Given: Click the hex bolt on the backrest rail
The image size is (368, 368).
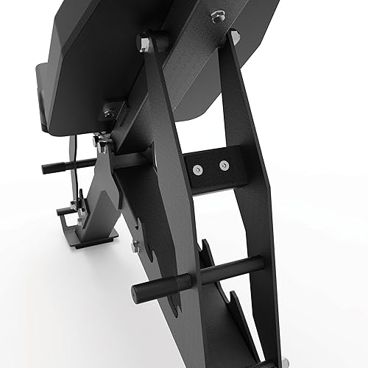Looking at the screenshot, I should tap(218, 17).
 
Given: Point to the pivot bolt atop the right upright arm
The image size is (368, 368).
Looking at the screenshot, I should tap(233, 36).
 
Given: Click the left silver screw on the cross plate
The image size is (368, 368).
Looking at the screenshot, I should tap(197, 170).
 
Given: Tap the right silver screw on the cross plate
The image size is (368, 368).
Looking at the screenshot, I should tap(224, 165).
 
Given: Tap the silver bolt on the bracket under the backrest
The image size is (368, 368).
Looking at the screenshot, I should tap(110, 111).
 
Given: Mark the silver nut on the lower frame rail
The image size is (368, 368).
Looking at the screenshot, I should tap(135, 248).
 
